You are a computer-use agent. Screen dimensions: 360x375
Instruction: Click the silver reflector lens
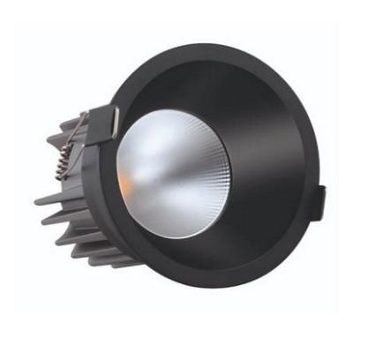click(173, 176)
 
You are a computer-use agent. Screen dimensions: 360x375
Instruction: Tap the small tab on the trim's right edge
click(322, 199)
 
